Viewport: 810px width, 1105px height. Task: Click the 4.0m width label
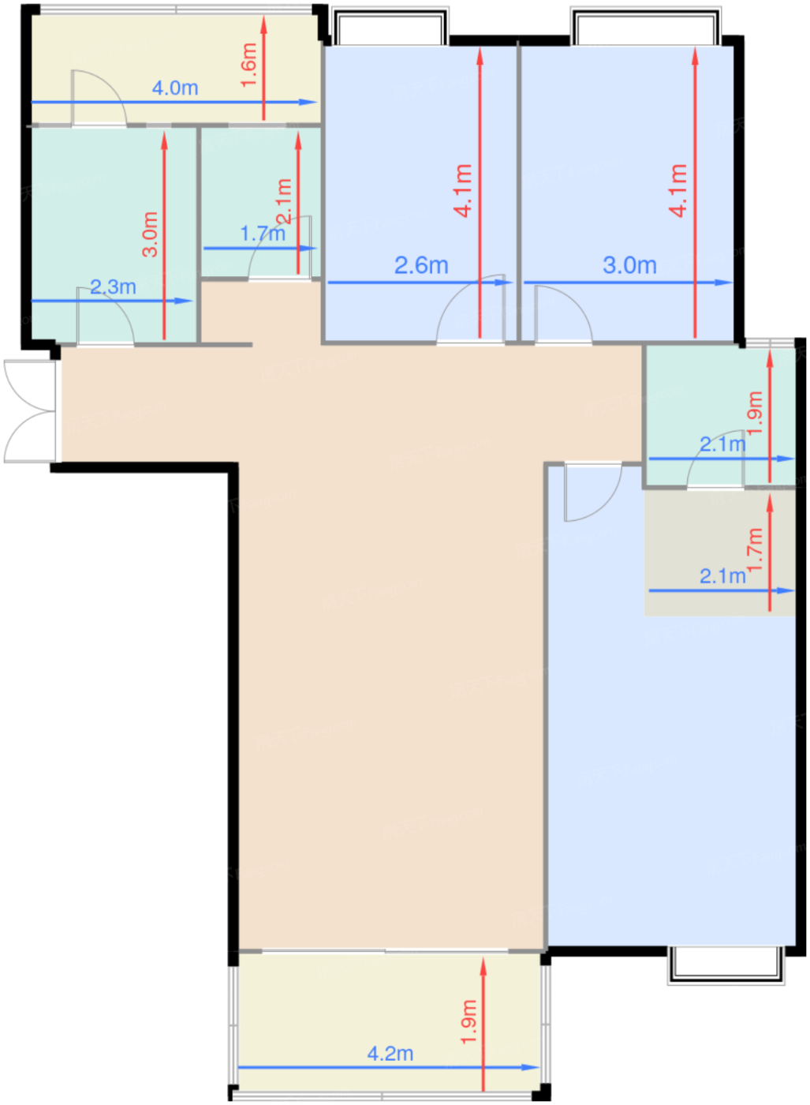pyautogui.click(x=174, y=88)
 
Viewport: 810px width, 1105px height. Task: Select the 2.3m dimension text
pyautogui.click(x=113, y=287)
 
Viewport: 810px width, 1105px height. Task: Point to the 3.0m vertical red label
pyautogui.click(x=150, y=234)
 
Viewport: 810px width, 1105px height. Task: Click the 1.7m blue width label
pyautogui.click(x=262, y=234)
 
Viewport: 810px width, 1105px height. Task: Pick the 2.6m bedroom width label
pyautogui.click(x=421, y=265)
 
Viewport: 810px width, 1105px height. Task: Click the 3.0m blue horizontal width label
pyautogui.click(x=629, y=265)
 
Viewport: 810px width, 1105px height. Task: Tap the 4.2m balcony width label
pyautogui.click(x=390, y=1054)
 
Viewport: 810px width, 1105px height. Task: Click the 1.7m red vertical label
pyautogui.click(x=755, y=550)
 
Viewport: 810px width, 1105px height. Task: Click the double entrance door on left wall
pyautogui.click(x=30, y=411)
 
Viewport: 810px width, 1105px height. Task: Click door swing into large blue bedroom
pyautogui.click(x=592, y=493)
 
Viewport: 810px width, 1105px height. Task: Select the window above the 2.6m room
pyautogui.click(x=390, y=28)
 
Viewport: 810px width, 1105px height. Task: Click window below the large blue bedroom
pyautogui.click(x=726, y=965)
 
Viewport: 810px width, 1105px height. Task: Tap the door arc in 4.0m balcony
pyautogui.click(x=99, y=97)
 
